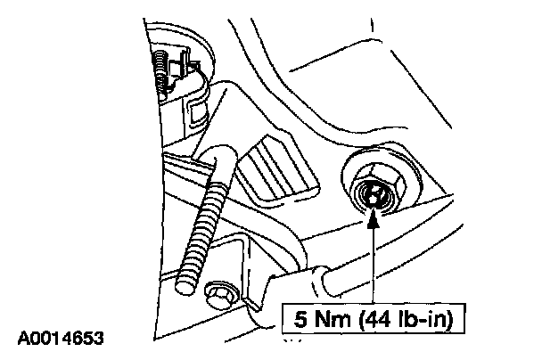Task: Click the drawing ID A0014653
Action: click(60, 340)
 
